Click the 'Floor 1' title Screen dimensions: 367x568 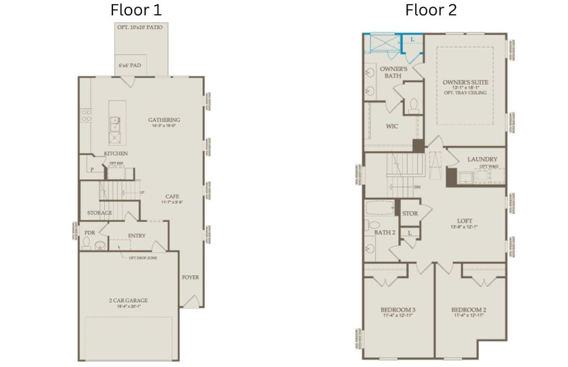[136, 10]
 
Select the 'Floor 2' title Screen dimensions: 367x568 [430, 10]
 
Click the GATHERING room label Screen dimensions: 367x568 [164, 120]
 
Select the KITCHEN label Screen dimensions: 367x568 [116, 153]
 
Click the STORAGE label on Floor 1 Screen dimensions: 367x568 [99, 213]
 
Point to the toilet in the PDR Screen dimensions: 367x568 [87, 245]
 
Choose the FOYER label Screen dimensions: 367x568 [190, 277]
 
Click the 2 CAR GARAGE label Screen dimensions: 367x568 [128, 300]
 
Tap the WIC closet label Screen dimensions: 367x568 [392, 127]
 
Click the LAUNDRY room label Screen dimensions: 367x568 [482, 160]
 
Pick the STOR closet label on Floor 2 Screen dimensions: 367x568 [410, 213]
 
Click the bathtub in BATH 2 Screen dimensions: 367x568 [379, 211]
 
